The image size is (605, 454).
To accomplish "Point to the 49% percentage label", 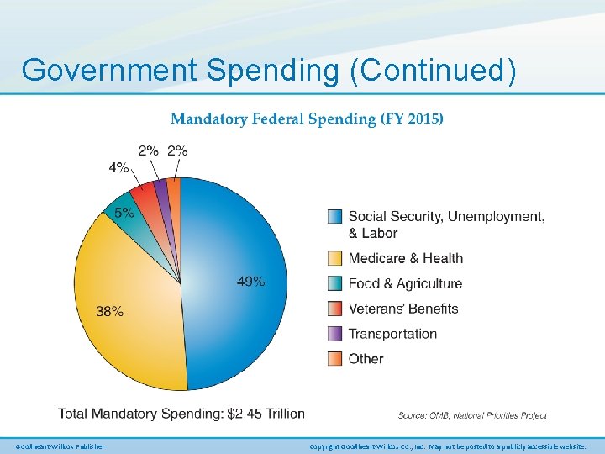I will coord(250,282).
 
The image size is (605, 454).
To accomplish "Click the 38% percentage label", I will coord(109,311).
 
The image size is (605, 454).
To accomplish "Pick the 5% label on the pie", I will coord(124,213).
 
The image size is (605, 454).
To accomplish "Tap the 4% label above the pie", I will coord(118,167).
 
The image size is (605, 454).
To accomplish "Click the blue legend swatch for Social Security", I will coord(334,217).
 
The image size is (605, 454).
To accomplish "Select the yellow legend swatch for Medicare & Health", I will coord(334,258).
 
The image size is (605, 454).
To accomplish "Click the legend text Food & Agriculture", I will coord(405,283).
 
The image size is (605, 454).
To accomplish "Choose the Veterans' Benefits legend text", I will coord(403,309).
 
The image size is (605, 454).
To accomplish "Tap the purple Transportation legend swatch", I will coord(334,334).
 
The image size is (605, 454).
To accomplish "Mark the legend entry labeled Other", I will coord(366,359).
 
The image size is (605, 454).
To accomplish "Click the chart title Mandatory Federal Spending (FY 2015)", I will coord(307,119).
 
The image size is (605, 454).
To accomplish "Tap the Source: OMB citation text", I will coord(472,415).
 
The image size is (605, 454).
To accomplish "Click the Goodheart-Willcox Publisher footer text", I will coord(60,446).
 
